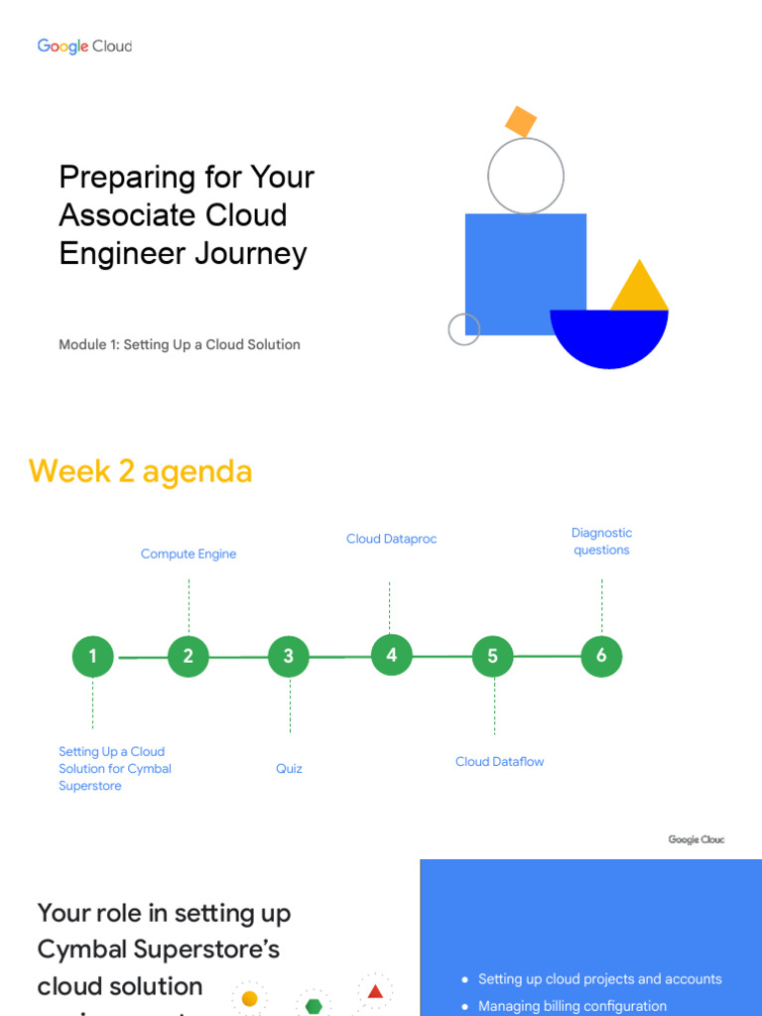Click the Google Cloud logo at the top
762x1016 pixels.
coord(84,46)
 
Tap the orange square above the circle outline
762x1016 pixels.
coord(521,121)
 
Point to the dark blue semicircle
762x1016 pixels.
coord(609,336)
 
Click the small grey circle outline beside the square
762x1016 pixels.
coord(463,329)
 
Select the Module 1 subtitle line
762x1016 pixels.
coord(180,344)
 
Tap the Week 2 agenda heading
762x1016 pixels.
coord(141,471)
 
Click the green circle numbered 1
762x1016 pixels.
coord(93,656)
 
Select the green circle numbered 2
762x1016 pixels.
coord(189,656)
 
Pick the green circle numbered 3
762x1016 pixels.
coord(289,656)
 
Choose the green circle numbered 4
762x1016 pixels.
coord(392,655)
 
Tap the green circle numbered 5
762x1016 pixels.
coord(493,656)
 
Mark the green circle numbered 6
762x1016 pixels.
coord(601,656)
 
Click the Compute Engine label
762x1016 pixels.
coord(189,554)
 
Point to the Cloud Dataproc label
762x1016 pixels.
coord(392,539)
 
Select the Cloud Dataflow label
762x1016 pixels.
coord(500,762)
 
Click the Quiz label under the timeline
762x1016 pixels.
coord(290,769)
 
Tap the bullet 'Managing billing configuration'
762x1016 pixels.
coord(572,1006)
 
